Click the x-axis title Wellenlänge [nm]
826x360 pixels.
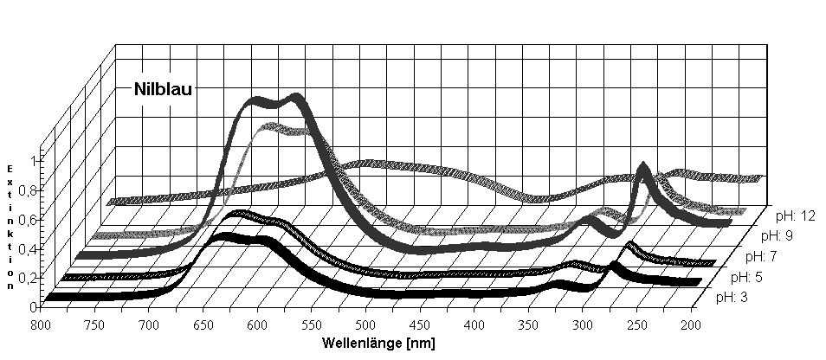coord(378,343)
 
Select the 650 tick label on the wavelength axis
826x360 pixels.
coord(203,325)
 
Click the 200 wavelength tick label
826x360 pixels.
coord(690,325)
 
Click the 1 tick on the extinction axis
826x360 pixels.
coord(33,160)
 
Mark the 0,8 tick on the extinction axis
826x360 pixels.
coord(28,190)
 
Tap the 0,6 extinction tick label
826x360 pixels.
coord(28,219)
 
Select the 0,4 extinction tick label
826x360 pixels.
coord(28,248)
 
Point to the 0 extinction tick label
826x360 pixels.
coord(33,305)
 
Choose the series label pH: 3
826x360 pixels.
coord(733,298)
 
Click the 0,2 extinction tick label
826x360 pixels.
coord(28,277)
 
